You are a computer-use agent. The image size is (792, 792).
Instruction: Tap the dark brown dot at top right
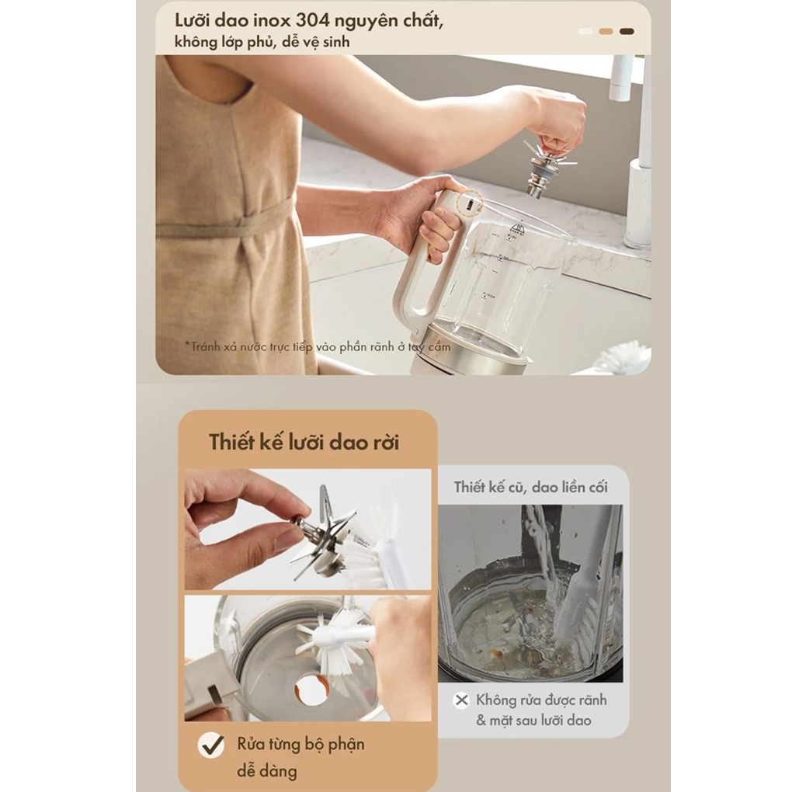tap(627, 31)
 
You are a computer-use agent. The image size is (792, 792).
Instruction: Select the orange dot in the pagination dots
tap(606, 31)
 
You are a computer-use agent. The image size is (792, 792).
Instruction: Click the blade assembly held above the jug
tap(546, 167)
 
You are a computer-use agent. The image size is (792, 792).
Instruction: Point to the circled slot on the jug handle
tap(469, 204)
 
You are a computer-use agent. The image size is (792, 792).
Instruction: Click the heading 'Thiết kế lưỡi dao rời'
tap(304, 442)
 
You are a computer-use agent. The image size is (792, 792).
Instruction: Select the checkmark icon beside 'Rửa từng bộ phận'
tap(211, 745)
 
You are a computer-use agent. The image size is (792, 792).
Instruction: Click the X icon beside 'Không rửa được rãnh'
tap(462, 700)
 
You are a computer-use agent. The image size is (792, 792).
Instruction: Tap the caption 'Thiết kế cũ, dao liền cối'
tap(530, 488)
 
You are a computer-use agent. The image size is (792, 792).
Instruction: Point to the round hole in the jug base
tap(311, 690)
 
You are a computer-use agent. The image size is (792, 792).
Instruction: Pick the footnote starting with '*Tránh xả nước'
tap(318, 346)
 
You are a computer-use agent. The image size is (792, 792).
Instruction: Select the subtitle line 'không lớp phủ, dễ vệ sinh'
tap(262, 42)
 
